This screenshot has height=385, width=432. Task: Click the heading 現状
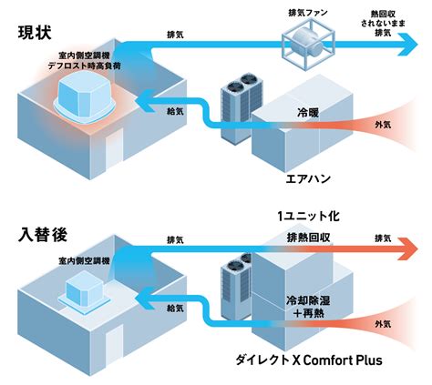35,33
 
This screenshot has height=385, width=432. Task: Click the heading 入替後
43,235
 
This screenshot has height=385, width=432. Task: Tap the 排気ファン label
308,13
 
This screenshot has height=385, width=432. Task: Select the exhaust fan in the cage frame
308,45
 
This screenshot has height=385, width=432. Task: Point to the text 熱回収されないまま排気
383,23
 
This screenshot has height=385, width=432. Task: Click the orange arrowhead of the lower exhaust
408,249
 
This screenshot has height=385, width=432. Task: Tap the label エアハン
308,178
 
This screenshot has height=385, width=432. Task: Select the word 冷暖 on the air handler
308,113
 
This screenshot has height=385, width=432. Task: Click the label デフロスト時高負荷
85,66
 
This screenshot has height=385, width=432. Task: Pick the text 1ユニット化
308,216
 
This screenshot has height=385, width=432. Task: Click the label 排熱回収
308,238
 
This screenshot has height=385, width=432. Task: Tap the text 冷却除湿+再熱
308,307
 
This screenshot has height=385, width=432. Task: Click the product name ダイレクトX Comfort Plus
309,360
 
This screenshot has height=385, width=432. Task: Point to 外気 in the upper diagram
383,125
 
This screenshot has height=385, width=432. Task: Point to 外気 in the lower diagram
383,324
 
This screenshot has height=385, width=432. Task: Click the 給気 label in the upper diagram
175,111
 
